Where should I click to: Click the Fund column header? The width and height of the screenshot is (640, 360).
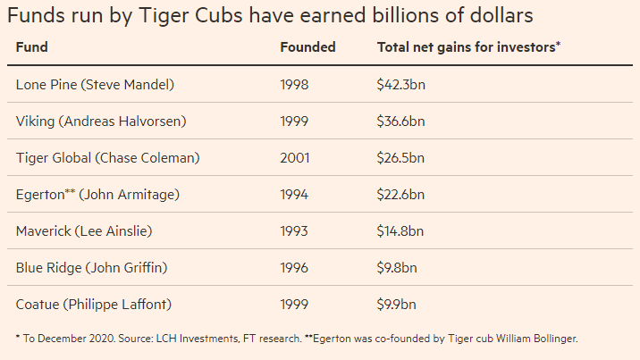pos(32,47)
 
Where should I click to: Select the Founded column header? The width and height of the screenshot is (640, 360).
pos(307,47)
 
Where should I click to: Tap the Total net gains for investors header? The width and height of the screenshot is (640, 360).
pos(468,47)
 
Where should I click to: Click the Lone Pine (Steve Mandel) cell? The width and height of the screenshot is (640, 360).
pos(95,85)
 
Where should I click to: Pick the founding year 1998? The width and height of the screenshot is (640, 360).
pos(294,85)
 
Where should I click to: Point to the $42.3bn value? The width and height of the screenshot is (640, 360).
pos(400,85)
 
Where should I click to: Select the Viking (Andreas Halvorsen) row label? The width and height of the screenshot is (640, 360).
pos(101,121)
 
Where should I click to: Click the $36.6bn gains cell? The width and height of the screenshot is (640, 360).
pos(400,121)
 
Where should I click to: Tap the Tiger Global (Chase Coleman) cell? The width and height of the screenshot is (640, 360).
pos(108,158)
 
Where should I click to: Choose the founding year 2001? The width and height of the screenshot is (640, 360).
pos(294,158)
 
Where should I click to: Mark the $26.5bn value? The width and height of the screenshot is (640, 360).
pos(400,158)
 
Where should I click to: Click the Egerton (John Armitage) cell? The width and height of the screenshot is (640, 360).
pos(97,195)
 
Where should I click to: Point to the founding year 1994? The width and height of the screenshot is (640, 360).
pos(294,195)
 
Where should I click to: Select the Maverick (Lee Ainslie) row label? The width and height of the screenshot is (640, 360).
pos(84,231)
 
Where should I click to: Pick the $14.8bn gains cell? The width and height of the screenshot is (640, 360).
pos(400,231)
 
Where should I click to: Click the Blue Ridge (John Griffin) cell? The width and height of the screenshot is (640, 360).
pos(92,268)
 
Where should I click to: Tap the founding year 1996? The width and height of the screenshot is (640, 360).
pos(294,268)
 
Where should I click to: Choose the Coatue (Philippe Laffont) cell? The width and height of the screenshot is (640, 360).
pos(94,305)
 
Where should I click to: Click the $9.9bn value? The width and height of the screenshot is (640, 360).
pos(396,305)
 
